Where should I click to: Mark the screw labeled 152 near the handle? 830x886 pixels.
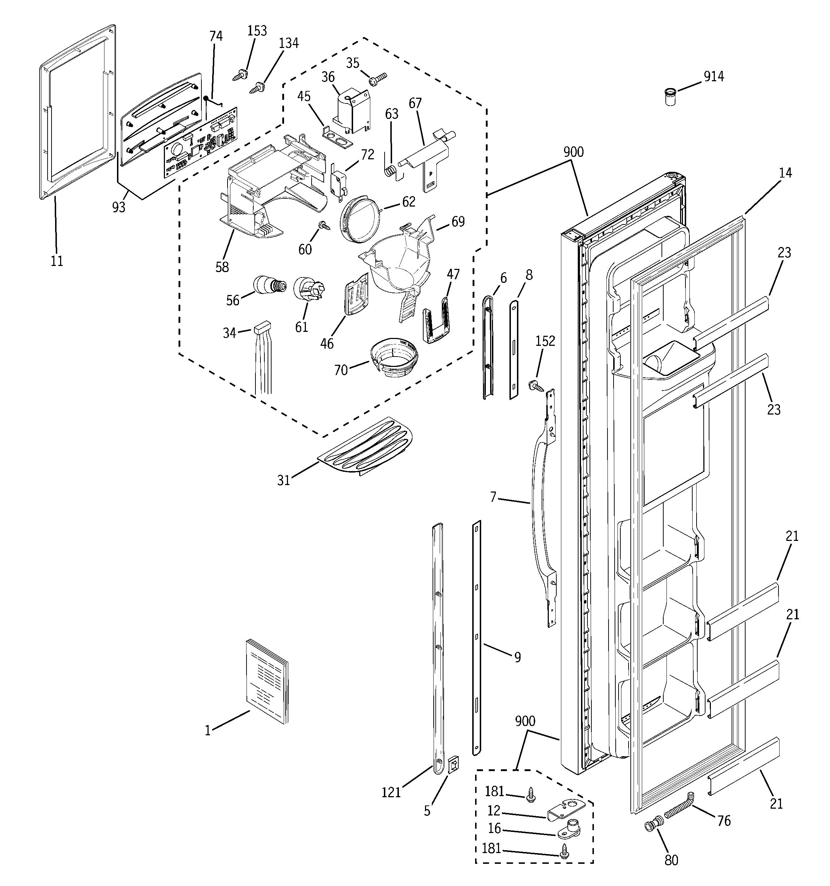[x=534, y=385]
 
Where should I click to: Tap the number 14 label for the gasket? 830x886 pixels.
[x=785, y=173]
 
